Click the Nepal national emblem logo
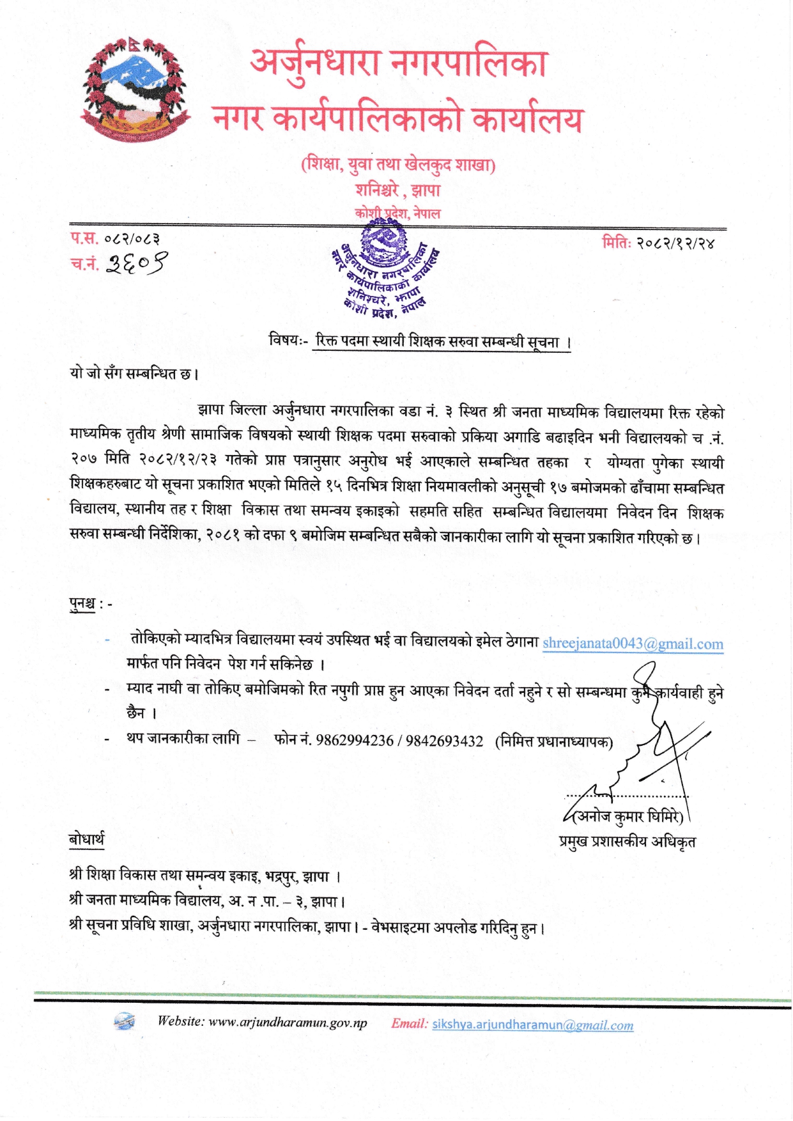(135, 89)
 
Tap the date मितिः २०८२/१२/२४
(658, 243)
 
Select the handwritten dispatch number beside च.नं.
(137, 263)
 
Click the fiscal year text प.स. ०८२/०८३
(115, 239)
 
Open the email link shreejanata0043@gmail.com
(633, 644)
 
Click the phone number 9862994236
(355, 741)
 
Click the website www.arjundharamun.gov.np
(288, 1023)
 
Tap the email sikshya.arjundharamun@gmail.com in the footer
(532, 1024)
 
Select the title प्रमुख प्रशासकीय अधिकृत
(627, 842)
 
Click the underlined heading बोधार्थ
(86, 840)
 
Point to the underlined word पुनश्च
(82, 603)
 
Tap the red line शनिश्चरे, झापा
(397, 190)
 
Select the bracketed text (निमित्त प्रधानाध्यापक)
(553, 741)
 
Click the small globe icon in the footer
(125, 1021)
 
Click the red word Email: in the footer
(410, 1023)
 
